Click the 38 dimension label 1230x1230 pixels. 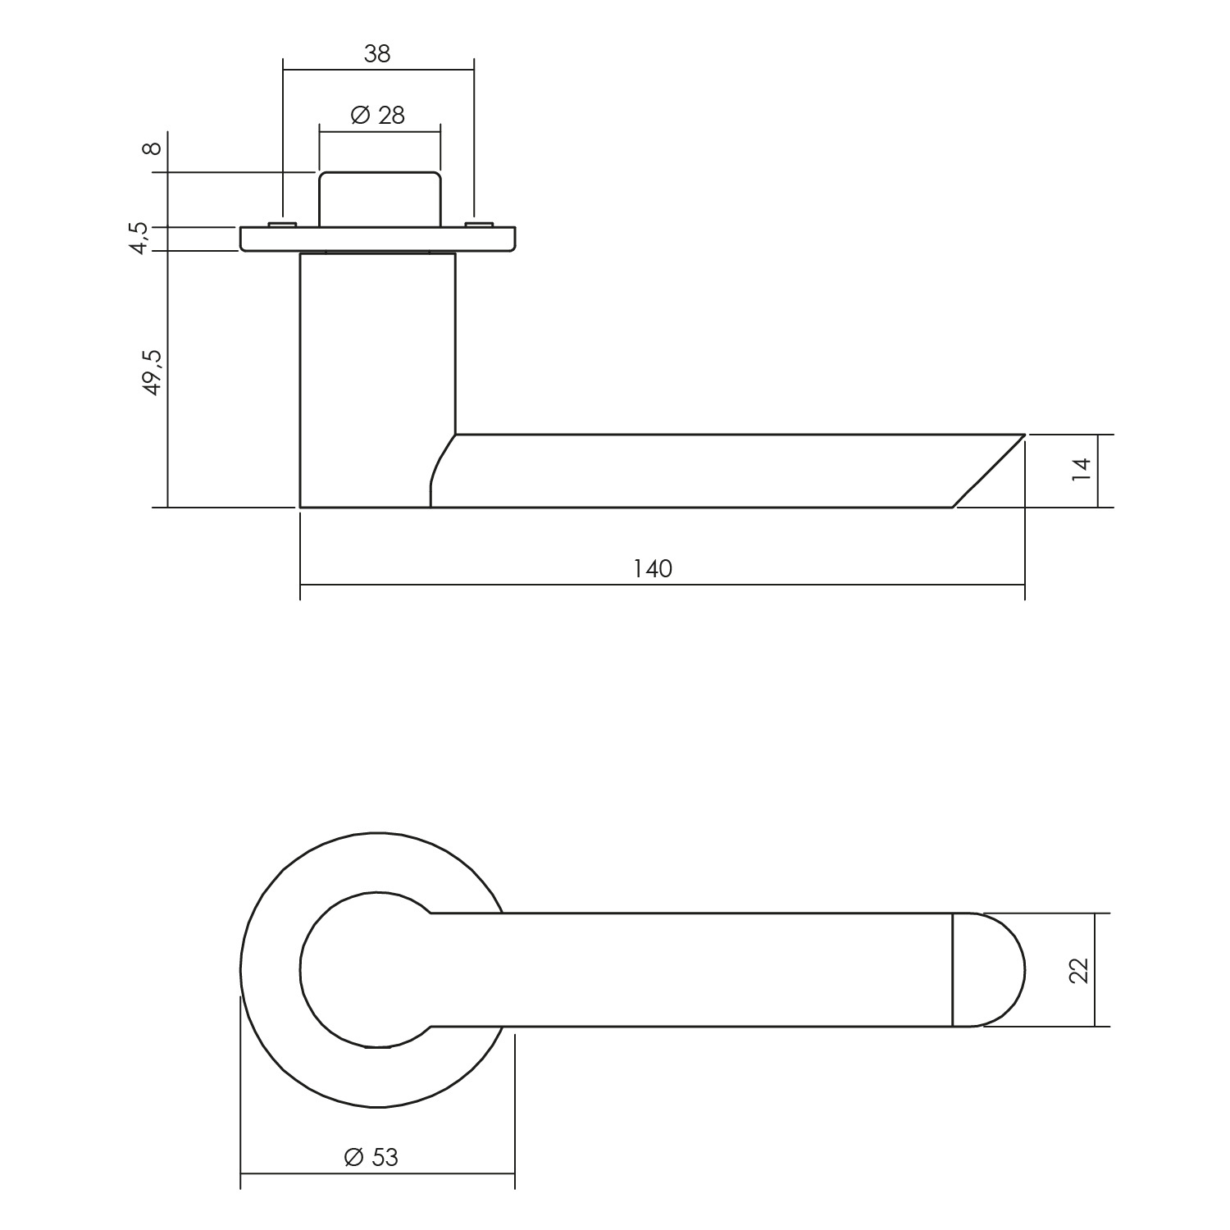[377, 53]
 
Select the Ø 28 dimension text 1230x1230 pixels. [378, 116]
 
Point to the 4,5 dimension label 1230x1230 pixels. [139, 238]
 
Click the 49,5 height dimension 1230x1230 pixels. [153, 372]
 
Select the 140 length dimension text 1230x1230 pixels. [653, 568]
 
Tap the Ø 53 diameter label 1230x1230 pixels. [371, 1157]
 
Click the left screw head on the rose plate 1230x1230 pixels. [281, 224]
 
